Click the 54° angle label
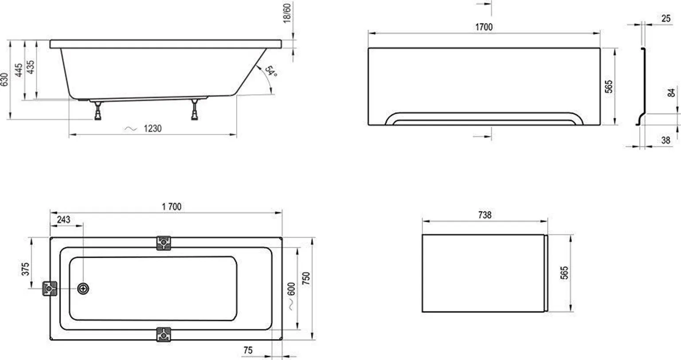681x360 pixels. tap(271, 71)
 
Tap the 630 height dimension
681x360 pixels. tap(4, 79)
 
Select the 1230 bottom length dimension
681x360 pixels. tap(153, 129)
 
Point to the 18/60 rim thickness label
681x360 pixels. tap(287, 13)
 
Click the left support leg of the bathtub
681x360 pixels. tap(98, 110)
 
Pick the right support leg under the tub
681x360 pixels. tap(195, 110)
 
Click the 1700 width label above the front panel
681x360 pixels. tap(484, 27)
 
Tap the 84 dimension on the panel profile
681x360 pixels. tap(671, 92)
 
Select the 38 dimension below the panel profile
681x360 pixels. tap(665, 140)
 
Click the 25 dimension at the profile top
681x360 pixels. tap(666, 19)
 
